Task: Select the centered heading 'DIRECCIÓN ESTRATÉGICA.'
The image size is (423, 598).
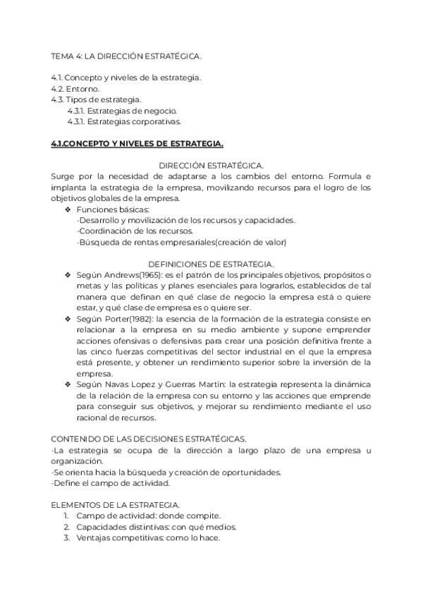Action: [211, 165]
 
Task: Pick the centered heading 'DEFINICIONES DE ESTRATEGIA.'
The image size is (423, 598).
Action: [211, 263]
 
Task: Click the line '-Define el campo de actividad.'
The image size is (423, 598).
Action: [111, 484]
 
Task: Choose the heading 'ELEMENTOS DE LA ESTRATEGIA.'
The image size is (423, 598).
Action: [116, 505]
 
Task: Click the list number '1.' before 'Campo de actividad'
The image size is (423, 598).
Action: [67, 516]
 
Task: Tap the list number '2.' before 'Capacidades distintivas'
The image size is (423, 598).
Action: [67, 527]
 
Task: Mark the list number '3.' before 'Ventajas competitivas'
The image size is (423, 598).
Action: [67, 539]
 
